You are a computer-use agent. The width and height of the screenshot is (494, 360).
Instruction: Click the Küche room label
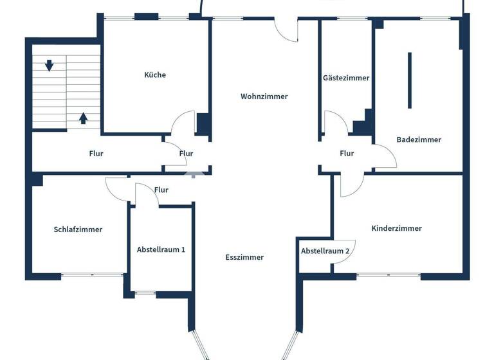click(x=155, y=75)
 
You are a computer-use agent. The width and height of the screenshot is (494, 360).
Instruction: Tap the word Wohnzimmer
click(x=264, y=96)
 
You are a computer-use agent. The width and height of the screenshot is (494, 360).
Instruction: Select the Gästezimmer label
click(x=346, y=78)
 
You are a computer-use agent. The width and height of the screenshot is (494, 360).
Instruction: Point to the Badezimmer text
click(x=419, y=139)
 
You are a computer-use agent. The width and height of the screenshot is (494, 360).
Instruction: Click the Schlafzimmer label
click(x=78, y=230)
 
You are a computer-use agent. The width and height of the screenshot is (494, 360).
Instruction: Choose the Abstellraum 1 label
click(x=161, y=249)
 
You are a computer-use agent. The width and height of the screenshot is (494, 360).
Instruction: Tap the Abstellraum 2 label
click(x=325, y=251)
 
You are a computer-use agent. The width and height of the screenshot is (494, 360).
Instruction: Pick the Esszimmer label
click(x=244, y=257)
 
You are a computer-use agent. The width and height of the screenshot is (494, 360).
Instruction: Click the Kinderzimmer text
click(x=396, y=228)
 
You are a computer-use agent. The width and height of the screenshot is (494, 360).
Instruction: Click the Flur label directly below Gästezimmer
click(x=347, y=154)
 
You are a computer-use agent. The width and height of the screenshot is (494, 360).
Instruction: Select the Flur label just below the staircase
click(x=96, y=154)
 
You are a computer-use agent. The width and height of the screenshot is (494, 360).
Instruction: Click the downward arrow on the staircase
click(x=49, y=65)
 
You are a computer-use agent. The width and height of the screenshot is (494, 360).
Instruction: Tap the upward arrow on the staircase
click(x=83, y=118)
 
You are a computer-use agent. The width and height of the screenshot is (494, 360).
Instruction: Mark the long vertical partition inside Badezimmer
click(x=409, y=80)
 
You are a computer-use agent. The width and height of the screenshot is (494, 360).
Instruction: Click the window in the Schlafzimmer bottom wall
click(x=93, y=275)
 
